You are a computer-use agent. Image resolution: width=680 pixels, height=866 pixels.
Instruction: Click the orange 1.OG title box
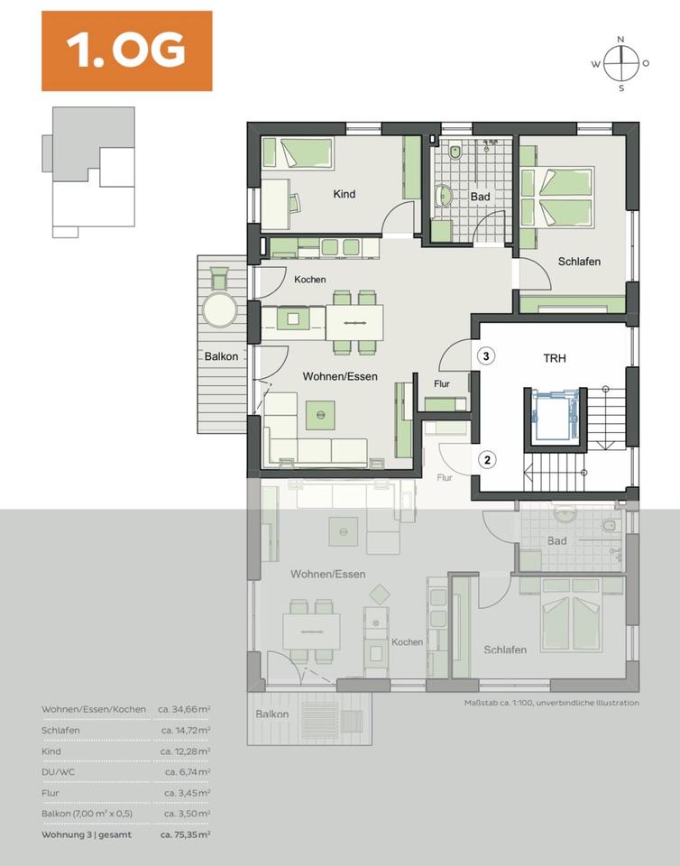(126, 51)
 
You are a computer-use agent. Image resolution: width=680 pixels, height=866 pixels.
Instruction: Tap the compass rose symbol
(620, 63)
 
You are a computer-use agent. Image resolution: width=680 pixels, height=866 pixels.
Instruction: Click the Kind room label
(344, 194)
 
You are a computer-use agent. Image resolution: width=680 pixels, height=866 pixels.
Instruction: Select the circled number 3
(486, 355)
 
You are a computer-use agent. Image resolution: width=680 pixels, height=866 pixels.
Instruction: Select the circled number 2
(486, 460)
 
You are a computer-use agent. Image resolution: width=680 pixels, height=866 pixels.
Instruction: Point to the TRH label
(554, 357)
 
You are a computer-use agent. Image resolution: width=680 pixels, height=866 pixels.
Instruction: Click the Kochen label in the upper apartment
(309, 280)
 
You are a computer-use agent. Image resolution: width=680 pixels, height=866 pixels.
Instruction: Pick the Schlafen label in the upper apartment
(579, 262)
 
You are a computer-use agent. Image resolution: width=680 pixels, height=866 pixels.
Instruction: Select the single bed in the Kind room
(297, 152)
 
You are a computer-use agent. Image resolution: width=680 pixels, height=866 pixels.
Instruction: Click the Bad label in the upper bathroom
(480, 196)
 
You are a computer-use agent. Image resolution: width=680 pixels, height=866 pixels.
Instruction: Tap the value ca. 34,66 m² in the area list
(185, 710)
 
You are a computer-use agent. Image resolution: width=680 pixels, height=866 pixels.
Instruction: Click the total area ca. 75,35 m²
(185, 835)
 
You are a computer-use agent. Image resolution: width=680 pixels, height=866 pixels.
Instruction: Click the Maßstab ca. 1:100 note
(551, 703)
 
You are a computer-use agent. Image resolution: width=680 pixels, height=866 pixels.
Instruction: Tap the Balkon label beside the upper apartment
(221, 356)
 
